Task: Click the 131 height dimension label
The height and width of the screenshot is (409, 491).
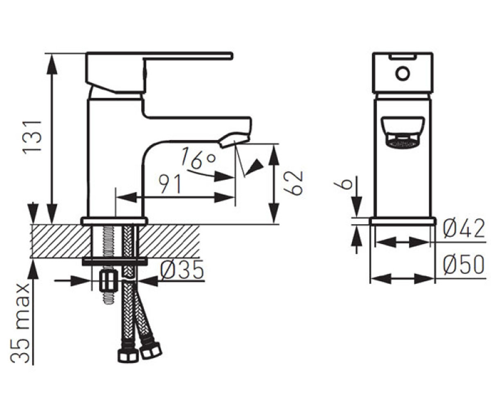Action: click(32, 137)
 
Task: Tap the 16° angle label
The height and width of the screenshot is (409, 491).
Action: click(198, 158)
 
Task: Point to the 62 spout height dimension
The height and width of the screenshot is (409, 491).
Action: click(293, 183)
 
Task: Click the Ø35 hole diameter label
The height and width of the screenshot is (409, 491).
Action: click(182, 270)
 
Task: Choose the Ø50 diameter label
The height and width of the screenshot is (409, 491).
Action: click(464, 265)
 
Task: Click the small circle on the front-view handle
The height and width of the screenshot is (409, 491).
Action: click(402, 74)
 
